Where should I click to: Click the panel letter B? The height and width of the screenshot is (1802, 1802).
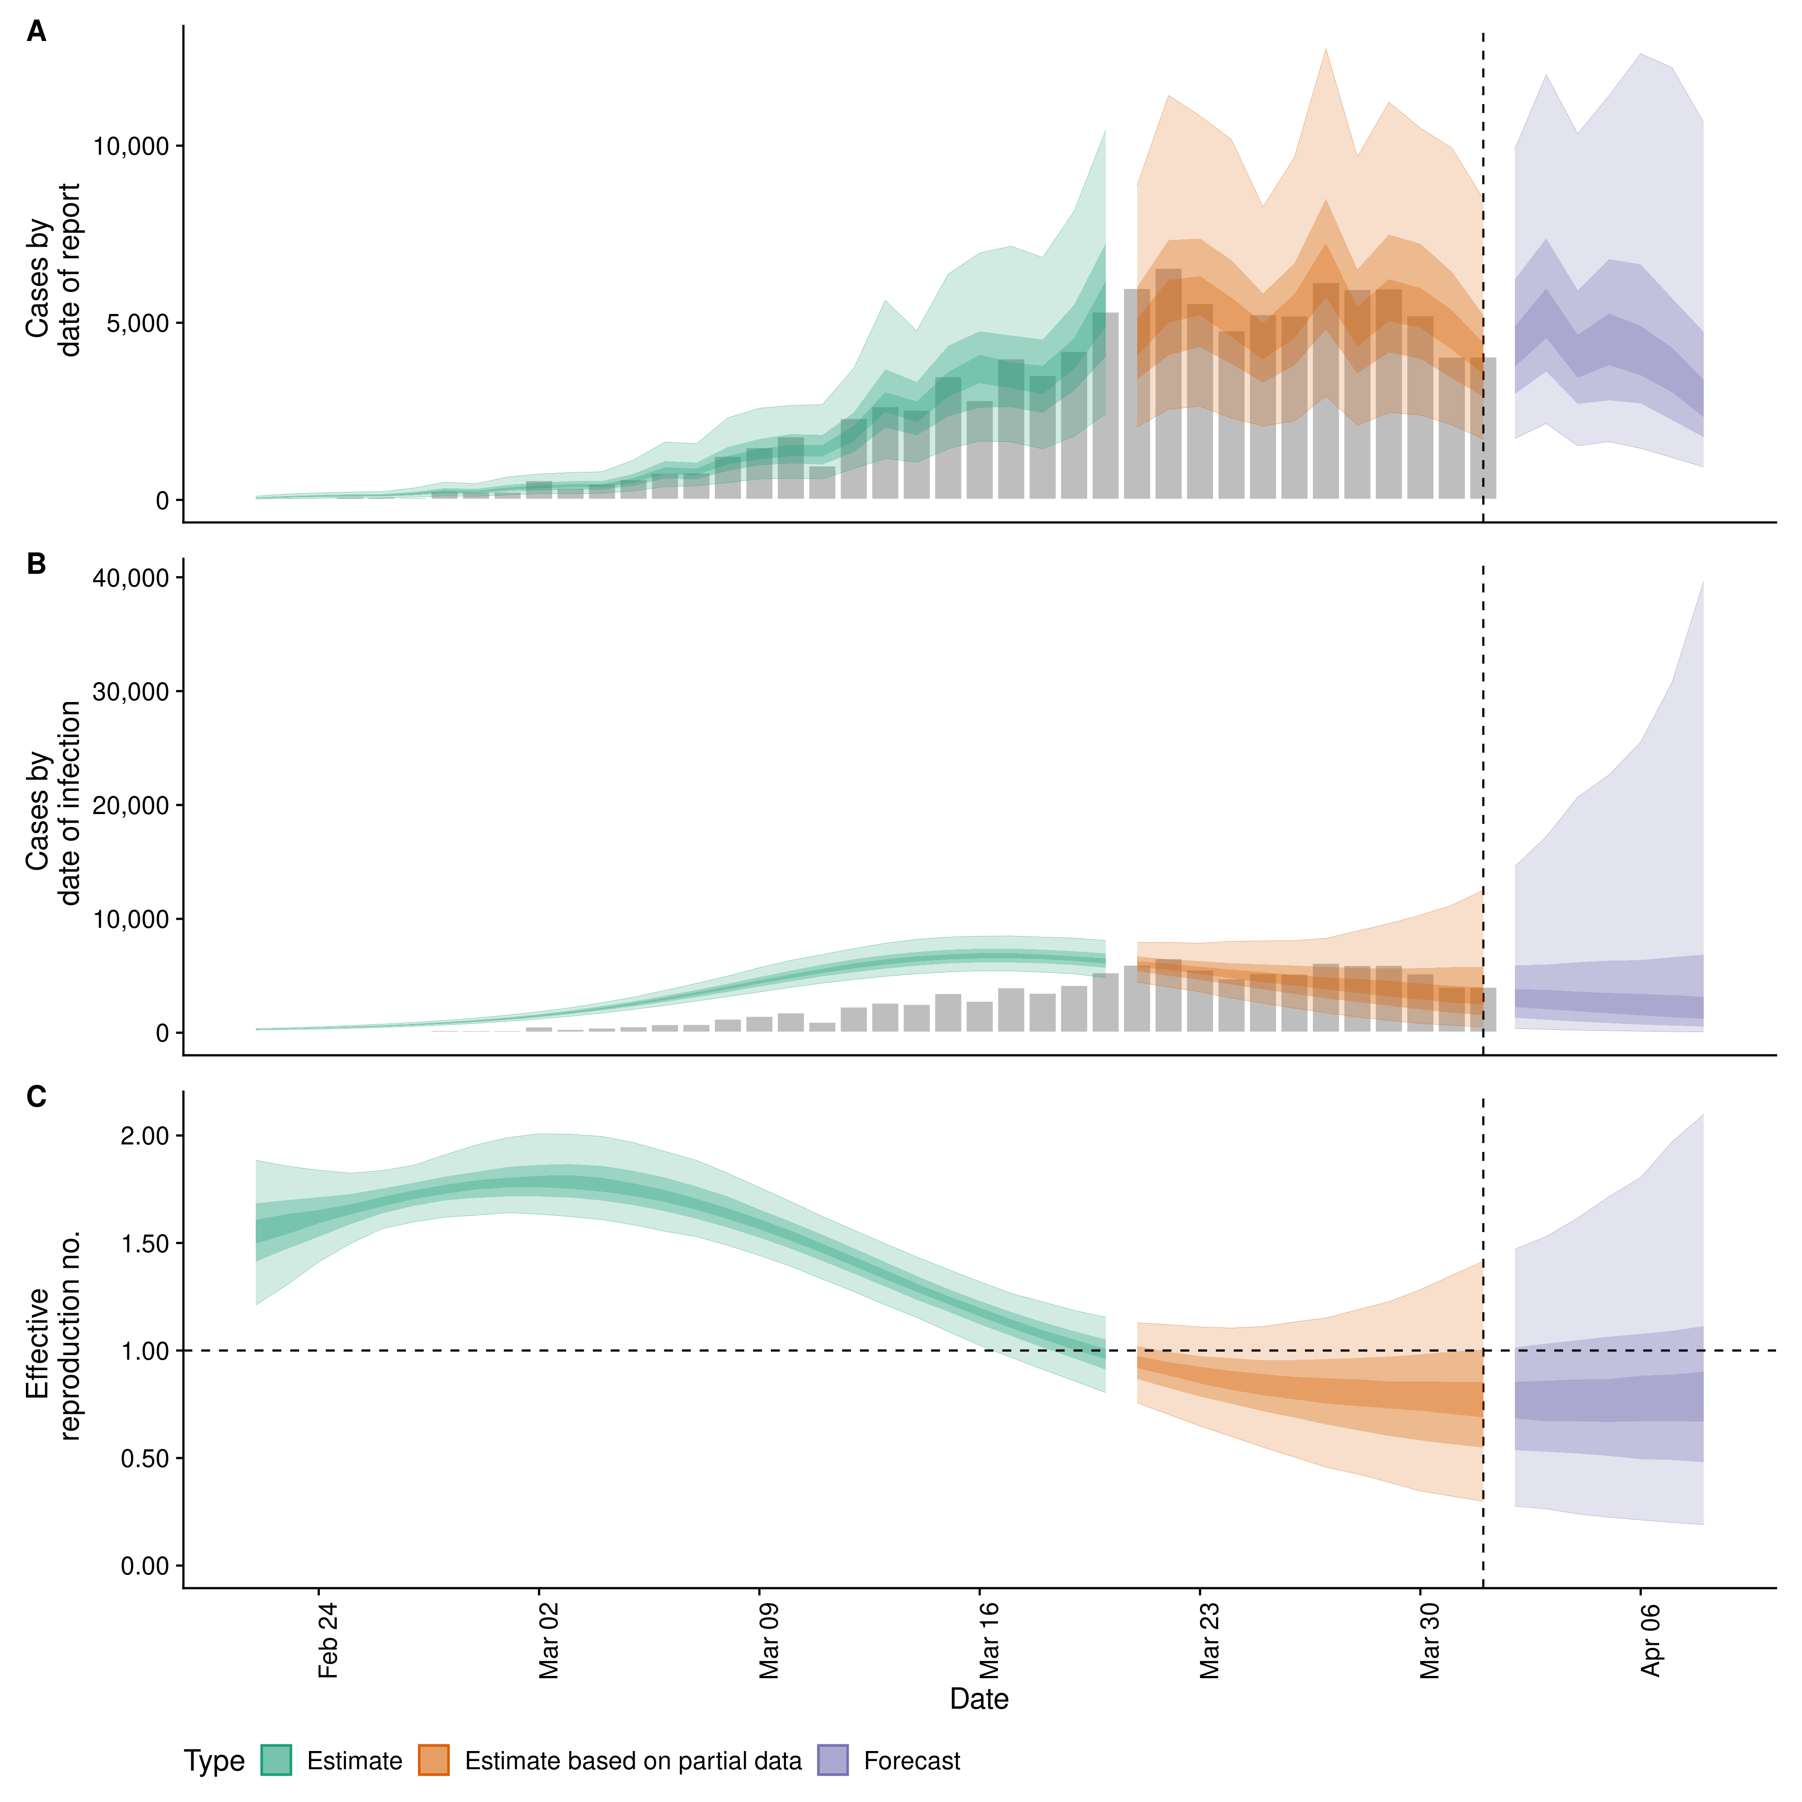point(36,564)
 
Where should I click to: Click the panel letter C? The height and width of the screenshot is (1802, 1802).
point(36,1097)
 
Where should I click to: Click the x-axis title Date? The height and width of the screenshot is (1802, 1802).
point(979,1700)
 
